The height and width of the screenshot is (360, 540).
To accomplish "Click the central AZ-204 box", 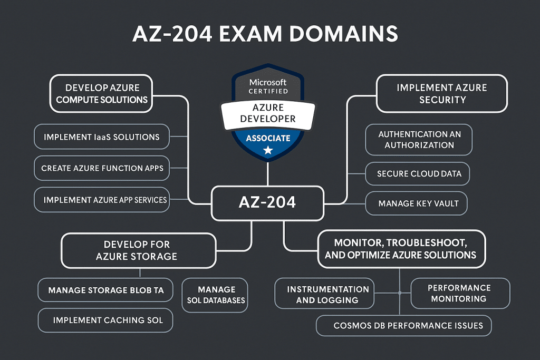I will click(267, 202).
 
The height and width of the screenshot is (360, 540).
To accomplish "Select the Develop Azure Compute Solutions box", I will click(102, 93).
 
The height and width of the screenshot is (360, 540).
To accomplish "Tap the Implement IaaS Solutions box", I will click(101, 137).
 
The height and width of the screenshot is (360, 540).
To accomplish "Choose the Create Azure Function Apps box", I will click(102, 169).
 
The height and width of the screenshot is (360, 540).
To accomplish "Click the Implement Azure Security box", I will click(442, 93).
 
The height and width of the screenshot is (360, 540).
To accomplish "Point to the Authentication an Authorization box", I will click(419, 140).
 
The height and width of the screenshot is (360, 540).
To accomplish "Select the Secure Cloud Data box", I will click(419, 173).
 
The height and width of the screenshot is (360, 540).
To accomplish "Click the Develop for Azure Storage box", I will click(139, 250).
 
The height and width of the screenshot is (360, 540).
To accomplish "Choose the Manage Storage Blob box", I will click(105, 290).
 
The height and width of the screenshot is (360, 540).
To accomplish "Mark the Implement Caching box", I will click(105, 320).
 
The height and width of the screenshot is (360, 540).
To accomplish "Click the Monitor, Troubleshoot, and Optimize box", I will click(401, 249).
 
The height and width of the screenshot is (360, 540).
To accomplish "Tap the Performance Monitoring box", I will click(459, 293).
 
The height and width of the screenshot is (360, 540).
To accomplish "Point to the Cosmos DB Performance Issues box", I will click(404, 325).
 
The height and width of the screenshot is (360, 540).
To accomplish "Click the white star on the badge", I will click(268, 151).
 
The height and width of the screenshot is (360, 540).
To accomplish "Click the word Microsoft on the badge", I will click(268, 82).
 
